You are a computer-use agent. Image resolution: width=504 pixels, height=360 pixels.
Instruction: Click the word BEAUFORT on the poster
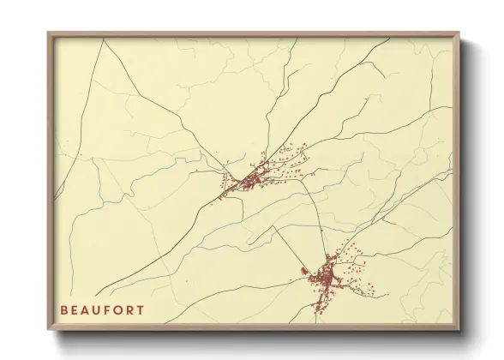tap(102, 310)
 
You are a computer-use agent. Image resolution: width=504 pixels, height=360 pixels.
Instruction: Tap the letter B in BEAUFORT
tap(64, 310)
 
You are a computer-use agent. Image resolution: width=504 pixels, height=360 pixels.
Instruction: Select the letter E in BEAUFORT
tap(75, 310)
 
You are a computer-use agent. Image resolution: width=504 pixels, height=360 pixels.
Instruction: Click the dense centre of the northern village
tap(251, 181)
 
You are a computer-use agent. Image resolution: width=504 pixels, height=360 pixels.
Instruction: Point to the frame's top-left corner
tap(49, 33)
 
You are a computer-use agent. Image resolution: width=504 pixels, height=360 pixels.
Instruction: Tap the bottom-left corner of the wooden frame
tap(49, 329)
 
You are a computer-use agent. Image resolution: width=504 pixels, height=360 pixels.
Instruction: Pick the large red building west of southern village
tap(305, 273)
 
